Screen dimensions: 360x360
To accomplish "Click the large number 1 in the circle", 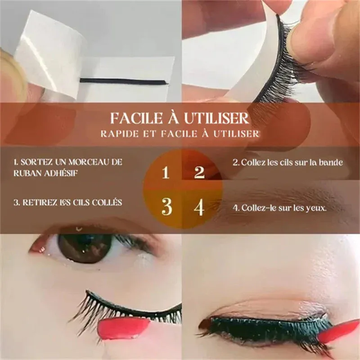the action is point(166,172).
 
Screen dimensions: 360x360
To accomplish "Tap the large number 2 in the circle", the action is point(199,172).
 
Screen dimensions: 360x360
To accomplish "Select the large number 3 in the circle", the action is point(166,207).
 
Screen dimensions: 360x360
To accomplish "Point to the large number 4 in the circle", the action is point(199,207).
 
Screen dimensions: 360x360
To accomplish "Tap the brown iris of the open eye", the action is point(85,248).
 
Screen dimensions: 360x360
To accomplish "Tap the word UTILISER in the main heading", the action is point(216,118).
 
